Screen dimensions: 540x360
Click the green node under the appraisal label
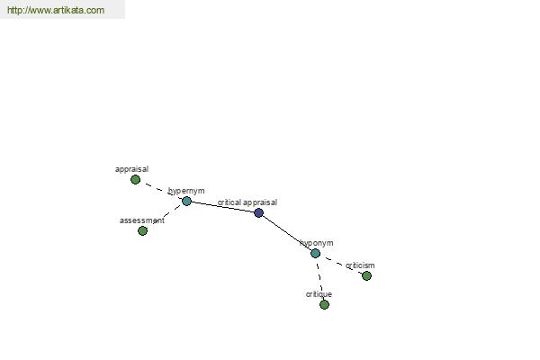pos(135,179)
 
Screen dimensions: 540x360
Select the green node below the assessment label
pos(142,230)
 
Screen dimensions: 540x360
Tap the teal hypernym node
pos(186,201)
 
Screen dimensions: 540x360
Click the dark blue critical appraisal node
pos(258,212)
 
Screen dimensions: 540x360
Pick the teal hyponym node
pos(315,253)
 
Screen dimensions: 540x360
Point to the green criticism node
pos(366,275)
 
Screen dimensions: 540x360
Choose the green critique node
pos(324,304)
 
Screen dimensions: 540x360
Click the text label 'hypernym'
pos(186,191)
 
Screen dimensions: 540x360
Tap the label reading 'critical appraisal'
pos(247,202)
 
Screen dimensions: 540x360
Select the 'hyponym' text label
pos(317,243)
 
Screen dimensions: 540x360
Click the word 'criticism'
pos(360,265)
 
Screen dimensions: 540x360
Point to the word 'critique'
pos(319,294)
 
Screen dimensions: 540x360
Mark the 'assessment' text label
pos(142,220)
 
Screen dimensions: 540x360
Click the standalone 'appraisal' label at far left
pos(132,169)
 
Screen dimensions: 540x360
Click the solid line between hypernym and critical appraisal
pos(222,207)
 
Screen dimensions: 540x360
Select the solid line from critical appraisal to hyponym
pos(287,233)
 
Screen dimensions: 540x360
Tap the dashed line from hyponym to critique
pos(319,279)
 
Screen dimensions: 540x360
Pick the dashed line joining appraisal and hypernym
pos(161,190)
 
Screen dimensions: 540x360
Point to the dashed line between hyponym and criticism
pos(341,265)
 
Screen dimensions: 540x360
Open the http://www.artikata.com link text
pos(56,10)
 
